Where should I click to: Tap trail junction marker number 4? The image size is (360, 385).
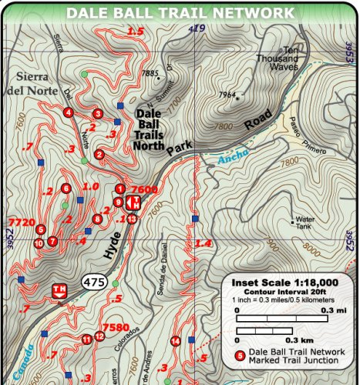pos(69,112)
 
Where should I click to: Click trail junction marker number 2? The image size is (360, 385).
pos(99,154)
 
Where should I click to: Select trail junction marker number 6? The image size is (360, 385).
pos(66,188)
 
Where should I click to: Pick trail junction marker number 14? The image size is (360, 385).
pos(176,341)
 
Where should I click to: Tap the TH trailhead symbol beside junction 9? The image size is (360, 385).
pos(133,203)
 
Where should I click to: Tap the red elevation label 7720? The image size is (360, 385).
pos(20,222)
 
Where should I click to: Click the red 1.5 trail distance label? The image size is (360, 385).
pos(136,32)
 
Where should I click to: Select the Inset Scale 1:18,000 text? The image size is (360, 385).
pos(284,283)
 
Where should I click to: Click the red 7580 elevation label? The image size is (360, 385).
pos(116,326)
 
